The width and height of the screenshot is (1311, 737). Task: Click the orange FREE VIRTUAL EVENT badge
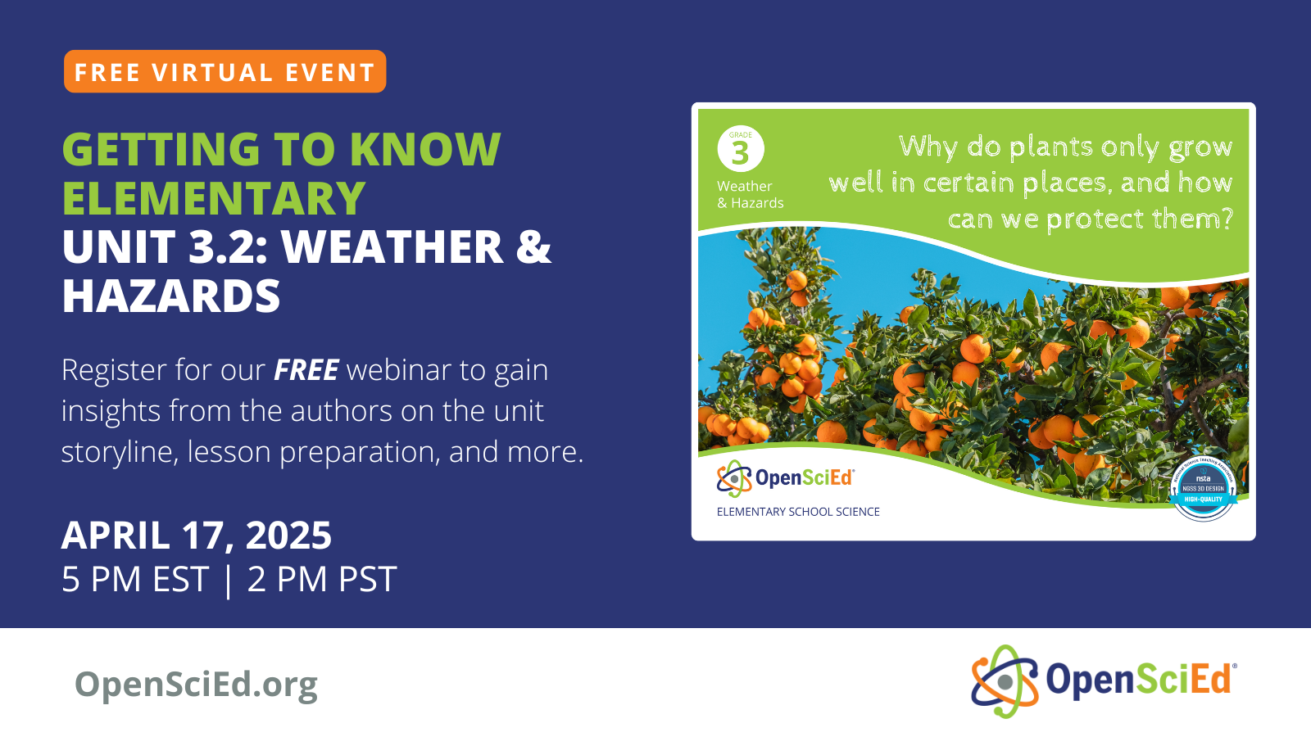pos(225,72)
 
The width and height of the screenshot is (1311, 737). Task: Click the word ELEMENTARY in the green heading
pos(214,198)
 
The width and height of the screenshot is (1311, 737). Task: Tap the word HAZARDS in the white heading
pos(171,296)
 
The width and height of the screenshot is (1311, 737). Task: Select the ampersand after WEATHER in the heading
pos(533,247)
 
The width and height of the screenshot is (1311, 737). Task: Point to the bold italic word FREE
pos(306,370)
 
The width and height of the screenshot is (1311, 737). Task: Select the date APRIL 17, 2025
pos(197,536)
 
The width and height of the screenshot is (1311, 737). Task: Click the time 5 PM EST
pos(135,580)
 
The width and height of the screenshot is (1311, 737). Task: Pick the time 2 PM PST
pos(322,580)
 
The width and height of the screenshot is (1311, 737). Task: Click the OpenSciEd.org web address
pos(196,685)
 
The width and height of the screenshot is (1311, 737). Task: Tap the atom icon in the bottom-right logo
pos(1005,681)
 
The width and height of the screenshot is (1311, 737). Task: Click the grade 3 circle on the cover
pos(741,150)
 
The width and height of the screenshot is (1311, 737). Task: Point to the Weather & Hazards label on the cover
pos(750,195)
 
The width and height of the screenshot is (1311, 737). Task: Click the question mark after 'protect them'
pos(1226,219)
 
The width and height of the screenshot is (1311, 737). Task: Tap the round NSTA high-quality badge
pos(1203,489)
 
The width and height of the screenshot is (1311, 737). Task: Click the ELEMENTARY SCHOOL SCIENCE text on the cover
pos(798,512)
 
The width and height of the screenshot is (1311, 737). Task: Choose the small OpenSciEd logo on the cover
pos(785,478)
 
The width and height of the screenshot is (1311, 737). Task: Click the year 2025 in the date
pos(288,536)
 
